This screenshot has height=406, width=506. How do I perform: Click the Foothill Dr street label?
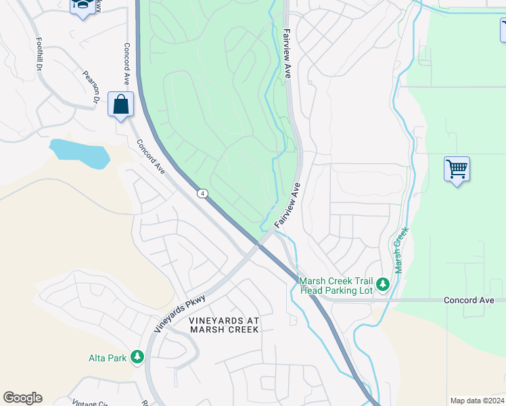click(39, 53)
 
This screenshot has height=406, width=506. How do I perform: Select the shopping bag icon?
click(120, 105)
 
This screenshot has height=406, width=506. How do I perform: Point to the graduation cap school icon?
click(83, 5)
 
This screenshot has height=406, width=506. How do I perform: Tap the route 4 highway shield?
click(203, 194)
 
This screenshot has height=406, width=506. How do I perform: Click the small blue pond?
click(80, 153)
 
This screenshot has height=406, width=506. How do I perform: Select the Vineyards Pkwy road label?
click(180, 312)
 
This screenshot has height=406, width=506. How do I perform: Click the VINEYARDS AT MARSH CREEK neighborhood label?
click(224, 324)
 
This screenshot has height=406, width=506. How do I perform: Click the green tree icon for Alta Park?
click(137, 356)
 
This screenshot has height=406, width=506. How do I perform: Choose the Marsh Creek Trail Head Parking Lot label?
click(336, 286)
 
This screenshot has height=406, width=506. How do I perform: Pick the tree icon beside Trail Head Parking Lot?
click(383, 284)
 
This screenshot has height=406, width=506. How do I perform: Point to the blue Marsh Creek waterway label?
click(402, 250)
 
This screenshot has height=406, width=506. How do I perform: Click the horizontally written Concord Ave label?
click(469, 300)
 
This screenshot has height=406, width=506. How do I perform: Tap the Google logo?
click(22, 398)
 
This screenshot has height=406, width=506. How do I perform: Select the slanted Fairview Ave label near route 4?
click(288, 205)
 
